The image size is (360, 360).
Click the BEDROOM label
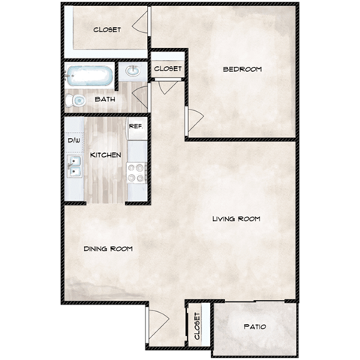click(242, 70)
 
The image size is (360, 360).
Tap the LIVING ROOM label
click(235, 219)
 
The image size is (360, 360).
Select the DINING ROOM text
click(109, 248)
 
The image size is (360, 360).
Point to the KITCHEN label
click(106, 154)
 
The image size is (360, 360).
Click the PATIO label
click(255, 327)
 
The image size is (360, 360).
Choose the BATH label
click(104, 99)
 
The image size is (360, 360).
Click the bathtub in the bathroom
click(89, 76)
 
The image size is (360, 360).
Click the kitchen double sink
click(74, 166)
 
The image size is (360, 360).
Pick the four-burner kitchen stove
click(136, 172)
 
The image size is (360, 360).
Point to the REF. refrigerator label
click(136, 126)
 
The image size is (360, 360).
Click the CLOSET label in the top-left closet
click(107, 30)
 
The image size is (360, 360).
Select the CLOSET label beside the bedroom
click(168, 68)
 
